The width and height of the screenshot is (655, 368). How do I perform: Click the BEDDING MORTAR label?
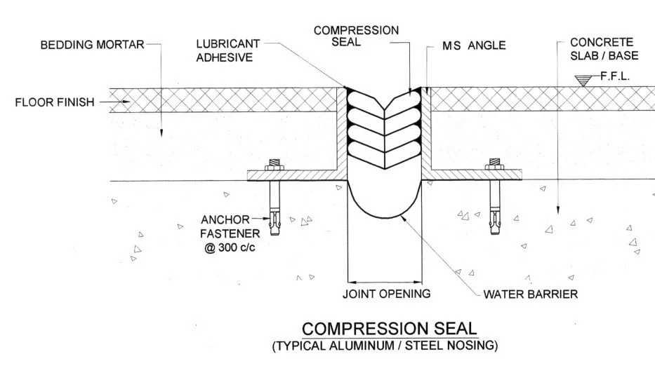pyautogui.click(x=91, y=46)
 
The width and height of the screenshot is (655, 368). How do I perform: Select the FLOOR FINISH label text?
pyautogui.click(x=54, y=102)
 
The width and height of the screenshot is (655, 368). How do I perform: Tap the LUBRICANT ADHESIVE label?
pyautogui.click(x=227, y=50)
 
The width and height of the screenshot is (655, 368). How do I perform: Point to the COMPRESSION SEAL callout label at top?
pyautogui.click(x=356, y=36)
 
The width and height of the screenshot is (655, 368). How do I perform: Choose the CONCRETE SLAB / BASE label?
pyautogui.click(x=601, y=49)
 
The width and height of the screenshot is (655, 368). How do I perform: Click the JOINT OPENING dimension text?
pyautogui.click(x=386, y=294)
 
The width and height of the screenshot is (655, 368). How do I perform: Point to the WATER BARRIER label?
pyautogui.click(x=531, y=294)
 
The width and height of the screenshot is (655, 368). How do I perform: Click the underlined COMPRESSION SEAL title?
pyautogui.click(x=389, y=329)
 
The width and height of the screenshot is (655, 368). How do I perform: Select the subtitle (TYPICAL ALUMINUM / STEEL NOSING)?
pyautogui.click(x=385, y=345)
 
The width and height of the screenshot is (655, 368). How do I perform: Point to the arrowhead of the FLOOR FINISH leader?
pyautogui.click(x=126, y=102)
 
